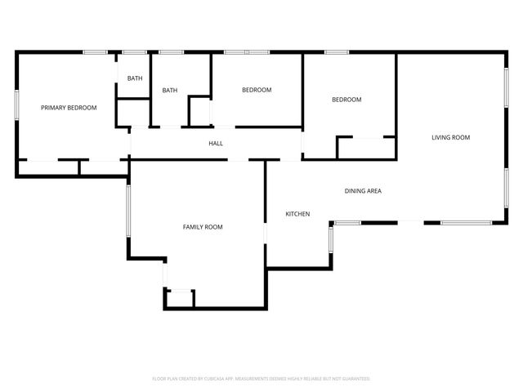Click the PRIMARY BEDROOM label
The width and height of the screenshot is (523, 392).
point(69,108)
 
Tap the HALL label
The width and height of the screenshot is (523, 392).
point(216,144)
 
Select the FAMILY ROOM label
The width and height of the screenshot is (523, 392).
point(203,227)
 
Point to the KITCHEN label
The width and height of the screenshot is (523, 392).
point(297,214)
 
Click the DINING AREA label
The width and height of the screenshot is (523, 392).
point(363,191)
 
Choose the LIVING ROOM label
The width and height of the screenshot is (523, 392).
point(451,137)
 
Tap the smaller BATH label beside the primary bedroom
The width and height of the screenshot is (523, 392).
point(135,78)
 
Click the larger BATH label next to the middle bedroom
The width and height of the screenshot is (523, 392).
point(170,91)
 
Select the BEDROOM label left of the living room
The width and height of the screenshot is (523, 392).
point(346,100)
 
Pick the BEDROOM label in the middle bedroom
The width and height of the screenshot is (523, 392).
point(257,90)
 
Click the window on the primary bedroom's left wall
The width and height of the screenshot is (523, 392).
point(17,107)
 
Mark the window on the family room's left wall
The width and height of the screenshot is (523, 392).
point(127,211)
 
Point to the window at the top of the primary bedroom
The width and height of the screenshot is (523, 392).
point(96,53)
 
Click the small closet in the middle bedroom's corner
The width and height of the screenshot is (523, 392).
point(200,111)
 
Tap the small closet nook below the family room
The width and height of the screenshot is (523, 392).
point(180,299)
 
